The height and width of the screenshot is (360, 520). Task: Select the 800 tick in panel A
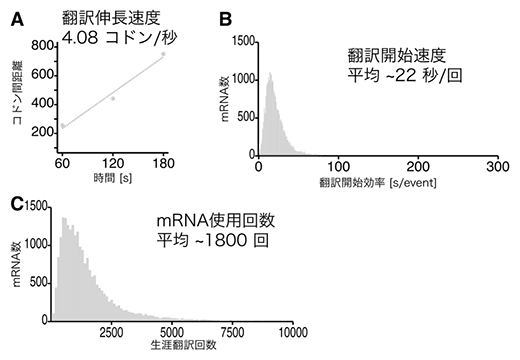(x=40, y=44)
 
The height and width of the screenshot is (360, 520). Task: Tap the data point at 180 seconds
(x=163, y=54)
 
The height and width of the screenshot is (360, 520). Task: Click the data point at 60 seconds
(x=62, y=126)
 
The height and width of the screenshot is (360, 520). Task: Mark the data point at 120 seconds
(x=113, y=98)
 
